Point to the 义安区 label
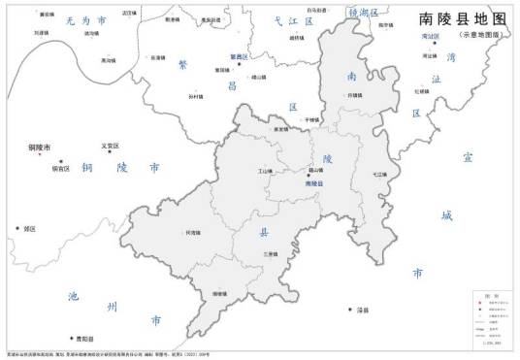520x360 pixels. [110, 147]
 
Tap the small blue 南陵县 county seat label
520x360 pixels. [313, 182]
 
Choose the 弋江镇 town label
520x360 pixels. [378, 175]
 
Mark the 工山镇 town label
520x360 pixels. [265, 172]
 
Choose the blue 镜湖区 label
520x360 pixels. [361, 12]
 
